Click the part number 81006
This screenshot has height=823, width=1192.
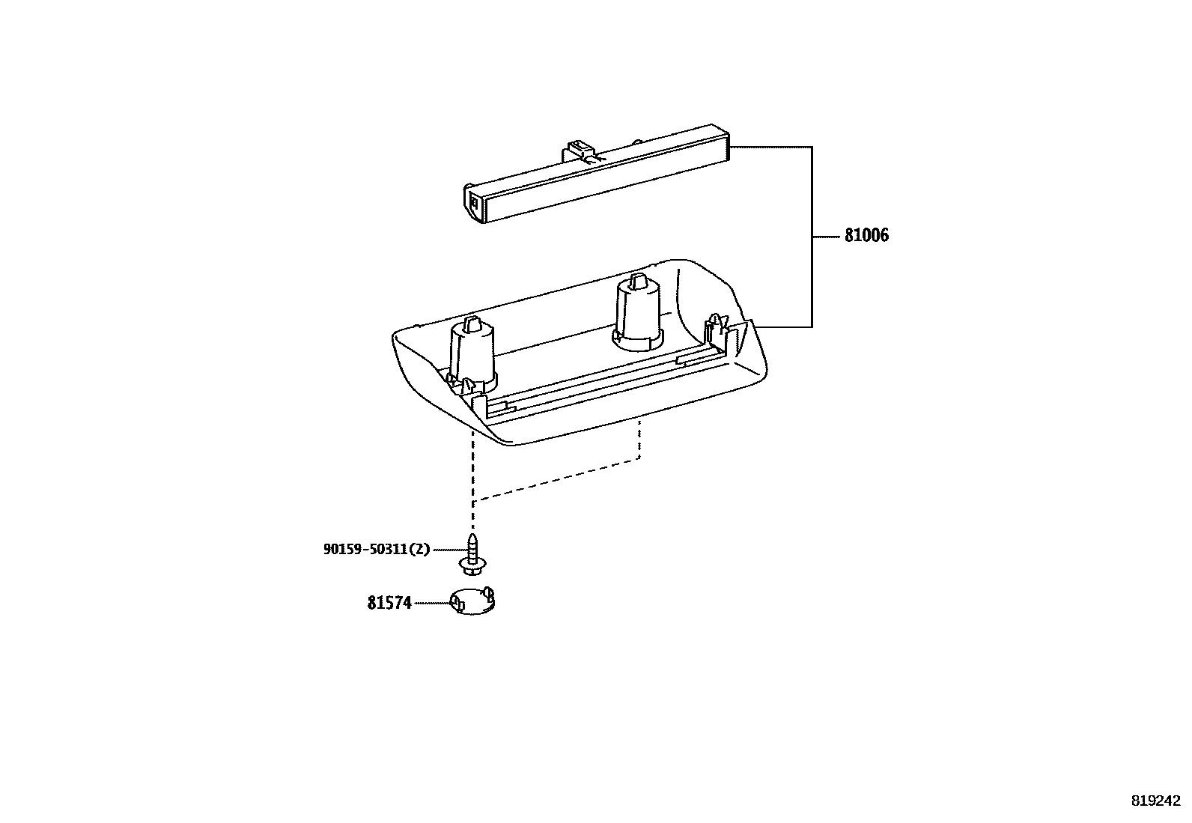point(866,236)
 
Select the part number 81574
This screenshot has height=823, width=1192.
point(389,603)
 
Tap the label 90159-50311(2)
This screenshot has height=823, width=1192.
point(377,549)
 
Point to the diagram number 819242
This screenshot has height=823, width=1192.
point(1155,800)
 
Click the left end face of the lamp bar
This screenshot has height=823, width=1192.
point(475,202)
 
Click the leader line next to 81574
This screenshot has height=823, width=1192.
point(431,602)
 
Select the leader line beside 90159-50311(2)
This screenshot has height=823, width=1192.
point(446,549)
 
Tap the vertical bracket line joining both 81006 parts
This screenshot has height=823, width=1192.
point(812,237)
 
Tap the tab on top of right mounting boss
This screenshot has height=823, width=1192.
point(638,280)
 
